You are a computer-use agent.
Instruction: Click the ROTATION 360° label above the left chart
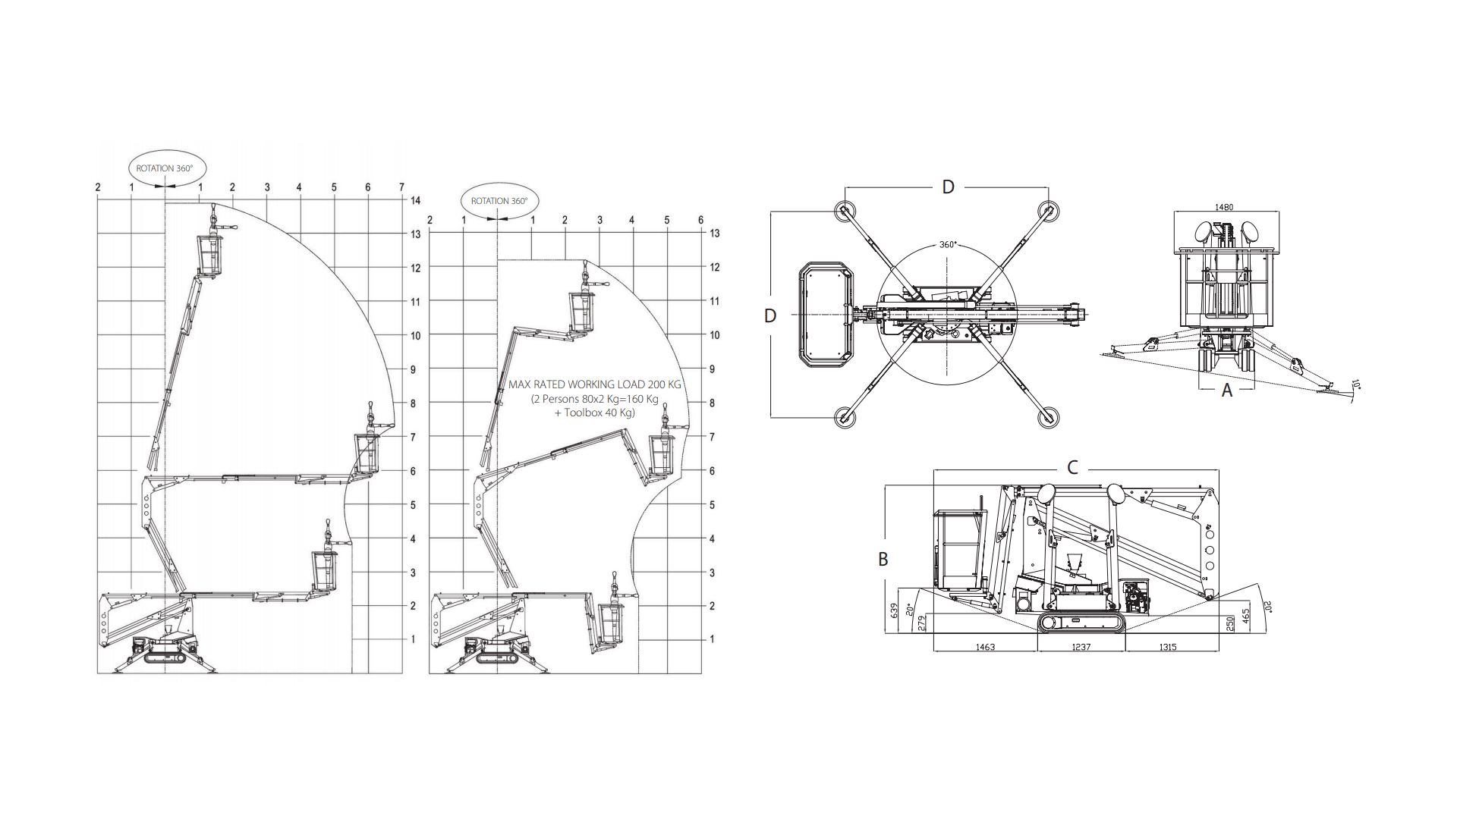click(x=165, y=168)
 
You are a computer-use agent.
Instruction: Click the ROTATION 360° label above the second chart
click(x=499, y=201)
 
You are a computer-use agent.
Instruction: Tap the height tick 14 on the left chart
click(x=415, y=201)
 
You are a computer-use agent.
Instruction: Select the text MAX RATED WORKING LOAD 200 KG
click(x=595, y=384)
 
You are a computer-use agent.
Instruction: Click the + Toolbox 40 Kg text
click(x=594, y=413)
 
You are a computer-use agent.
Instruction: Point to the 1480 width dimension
click(x=1224, y=207)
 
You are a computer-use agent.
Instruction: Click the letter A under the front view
click(x=1227, y=391)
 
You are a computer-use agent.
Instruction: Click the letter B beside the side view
click(x=883, y=560)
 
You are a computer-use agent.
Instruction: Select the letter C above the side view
click(x=1072, y=468)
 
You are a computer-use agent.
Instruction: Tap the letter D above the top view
click(x=948, y=187)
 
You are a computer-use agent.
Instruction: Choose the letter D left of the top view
click(x=770, y=316)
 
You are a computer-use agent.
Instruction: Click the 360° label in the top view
click(x=948, y=245)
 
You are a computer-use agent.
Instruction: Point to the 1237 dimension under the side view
click(x=1081, y=648)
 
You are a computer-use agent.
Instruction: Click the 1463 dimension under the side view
click(x=985, y=648)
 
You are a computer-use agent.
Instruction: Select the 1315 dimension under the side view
click(x=1168, y=648)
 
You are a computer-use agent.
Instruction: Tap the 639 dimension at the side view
click(x=894, y=610)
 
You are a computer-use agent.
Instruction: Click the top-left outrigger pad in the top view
click(x=843, y=211)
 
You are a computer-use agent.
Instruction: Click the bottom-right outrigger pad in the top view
click(x=1048, y=416)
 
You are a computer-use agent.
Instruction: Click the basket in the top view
click(x=826, y=315)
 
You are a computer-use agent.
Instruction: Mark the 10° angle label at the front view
click(x=1356, y=385)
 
